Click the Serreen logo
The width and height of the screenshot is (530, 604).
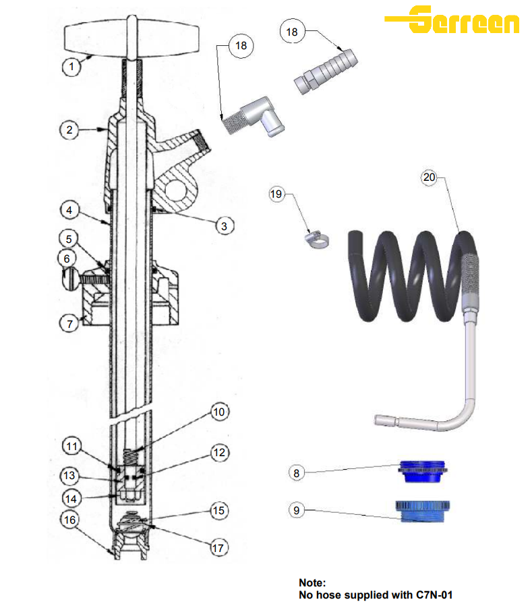[x=452, y=20]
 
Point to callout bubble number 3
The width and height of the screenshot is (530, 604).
[x=225, y=226]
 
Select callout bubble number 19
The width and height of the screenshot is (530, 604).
[x=277, y=194]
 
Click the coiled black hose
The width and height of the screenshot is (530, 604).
[x=405, y=277]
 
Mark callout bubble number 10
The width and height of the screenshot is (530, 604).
[x=219, y=412]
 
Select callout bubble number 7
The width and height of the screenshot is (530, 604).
[x=69, y=324]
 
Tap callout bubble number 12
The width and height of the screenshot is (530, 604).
[x=219, y=453]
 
